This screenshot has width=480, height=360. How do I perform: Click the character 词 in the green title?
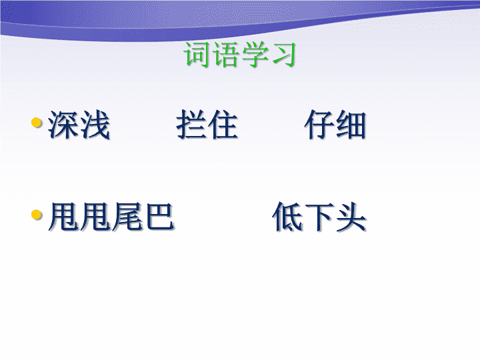[x=197, y=54]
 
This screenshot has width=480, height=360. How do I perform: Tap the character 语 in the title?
[x=225, y=54]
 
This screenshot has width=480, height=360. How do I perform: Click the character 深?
[x=63, y=125]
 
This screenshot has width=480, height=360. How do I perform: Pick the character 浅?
[x=94, y=125]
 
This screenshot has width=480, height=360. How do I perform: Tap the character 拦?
[x=191, y=125]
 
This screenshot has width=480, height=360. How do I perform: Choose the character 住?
[x=223, y=125]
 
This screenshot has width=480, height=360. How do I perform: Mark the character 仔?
[x=319, y=125]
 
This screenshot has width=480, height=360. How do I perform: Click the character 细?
[x=351, y=125]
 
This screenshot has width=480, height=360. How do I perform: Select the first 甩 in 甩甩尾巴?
[x=65, y=217]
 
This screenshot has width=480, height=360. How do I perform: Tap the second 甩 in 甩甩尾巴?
[x=96, y=217]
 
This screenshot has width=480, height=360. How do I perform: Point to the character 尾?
[x=127, y=217]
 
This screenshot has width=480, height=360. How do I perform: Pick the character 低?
[x=288, y=217]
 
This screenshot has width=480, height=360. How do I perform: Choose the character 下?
[x=319, y=217]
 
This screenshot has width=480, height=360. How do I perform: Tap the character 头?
[x=351, y=217]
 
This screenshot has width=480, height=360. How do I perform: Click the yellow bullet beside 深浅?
[x=37, y=123]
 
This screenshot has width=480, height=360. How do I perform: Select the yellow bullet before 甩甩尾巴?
[x=37, y=215]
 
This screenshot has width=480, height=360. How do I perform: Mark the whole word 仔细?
[x=335, y=125]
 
